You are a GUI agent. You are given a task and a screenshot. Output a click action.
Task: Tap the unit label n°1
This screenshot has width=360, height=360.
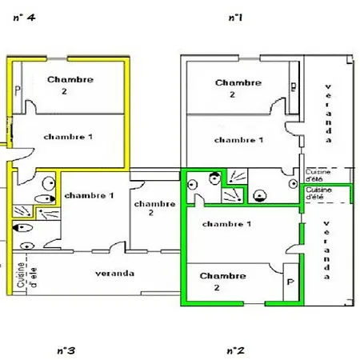(235, 17)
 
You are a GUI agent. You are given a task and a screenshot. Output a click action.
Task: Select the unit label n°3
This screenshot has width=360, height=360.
(66, 350)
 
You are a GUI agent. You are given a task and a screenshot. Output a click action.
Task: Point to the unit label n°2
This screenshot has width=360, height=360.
(235, 350)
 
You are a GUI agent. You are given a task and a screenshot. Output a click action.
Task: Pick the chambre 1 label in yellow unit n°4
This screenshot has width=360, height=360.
(69, 137)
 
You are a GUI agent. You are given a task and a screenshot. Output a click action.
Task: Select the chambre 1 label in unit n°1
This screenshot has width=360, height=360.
(238, 140)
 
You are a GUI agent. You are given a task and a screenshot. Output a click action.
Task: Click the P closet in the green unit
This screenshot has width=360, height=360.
(290, 282)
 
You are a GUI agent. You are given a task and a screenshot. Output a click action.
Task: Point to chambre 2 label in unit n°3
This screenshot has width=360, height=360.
(150, 208)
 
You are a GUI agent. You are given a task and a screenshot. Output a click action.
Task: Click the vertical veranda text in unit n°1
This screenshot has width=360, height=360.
(327, 113)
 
